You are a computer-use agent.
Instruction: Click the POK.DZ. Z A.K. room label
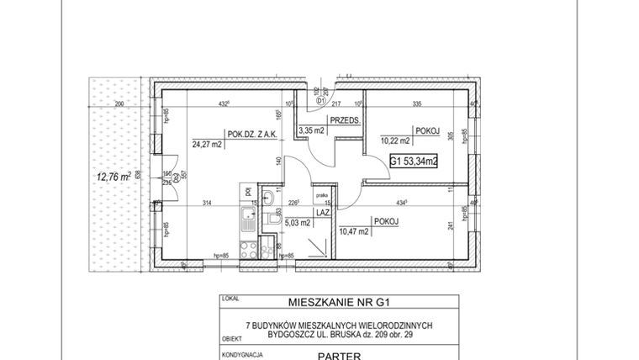252,131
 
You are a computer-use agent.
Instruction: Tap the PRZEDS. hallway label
346,121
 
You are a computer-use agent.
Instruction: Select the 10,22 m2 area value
394,140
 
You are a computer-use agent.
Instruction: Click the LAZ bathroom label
322,214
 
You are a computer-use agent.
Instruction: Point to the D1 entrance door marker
320,101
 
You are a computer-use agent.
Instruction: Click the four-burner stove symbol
247,249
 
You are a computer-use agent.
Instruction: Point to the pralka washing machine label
321,195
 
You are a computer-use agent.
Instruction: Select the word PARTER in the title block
340,355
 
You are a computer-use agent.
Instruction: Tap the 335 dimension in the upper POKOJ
415,104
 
